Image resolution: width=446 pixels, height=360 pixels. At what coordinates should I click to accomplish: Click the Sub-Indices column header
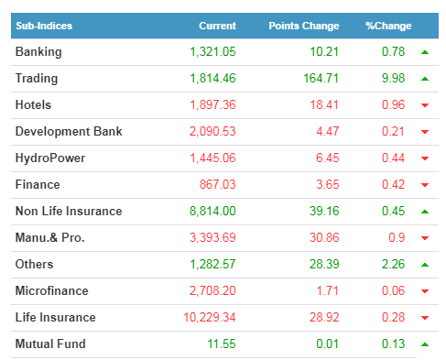coord(44,26)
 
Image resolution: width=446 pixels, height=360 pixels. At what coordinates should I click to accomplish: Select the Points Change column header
coord(304,26)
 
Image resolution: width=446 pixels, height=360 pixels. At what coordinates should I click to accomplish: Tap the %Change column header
coord(388,26)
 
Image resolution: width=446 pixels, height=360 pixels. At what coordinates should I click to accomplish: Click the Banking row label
coord(38,52)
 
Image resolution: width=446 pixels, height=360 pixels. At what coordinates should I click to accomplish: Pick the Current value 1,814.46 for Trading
coord(212,79)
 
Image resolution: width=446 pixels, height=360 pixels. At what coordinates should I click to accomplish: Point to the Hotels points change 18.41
coord(324,105)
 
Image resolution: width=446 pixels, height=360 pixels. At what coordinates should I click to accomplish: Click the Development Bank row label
coord(69,131)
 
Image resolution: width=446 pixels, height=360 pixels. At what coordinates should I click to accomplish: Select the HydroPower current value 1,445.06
coord(212,158)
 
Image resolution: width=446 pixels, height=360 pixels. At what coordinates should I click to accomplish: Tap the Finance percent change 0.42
coord(393,185)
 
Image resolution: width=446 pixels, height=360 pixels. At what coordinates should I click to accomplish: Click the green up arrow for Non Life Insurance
coord(425,212)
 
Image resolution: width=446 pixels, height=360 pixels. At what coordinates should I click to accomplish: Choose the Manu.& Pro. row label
coord(49,237)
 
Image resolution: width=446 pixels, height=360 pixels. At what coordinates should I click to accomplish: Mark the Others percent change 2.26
coord(393,265)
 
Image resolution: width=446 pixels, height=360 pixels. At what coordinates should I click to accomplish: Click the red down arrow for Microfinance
coord(425,291)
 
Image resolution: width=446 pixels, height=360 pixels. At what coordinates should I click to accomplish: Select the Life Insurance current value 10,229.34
coord(210,318)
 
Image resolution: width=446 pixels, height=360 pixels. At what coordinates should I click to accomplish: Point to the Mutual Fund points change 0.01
coord(327,344)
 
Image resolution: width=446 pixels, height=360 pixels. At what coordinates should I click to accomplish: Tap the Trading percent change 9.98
coord(393,79)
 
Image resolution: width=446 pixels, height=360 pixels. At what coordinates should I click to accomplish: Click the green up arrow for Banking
coord(425,52)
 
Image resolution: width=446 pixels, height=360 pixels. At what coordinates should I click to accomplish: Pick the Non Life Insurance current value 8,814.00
coord(212,212)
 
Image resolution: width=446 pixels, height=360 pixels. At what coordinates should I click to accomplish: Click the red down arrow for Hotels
coord(425,105)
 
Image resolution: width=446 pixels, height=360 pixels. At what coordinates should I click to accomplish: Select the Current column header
coord(217,26)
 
